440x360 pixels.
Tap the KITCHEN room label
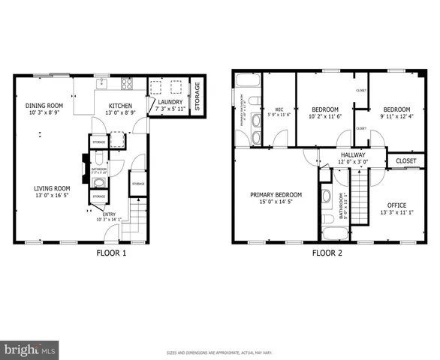click(121, 106)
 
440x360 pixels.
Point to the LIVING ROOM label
click(52, 188)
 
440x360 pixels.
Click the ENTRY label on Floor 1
click(107, 214)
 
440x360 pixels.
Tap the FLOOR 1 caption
click(111, 253)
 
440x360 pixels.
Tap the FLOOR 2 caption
click(327, 253)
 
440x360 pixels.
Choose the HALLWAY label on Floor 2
click(352, 155)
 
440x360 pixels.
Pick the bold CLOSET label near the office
click(405, 160)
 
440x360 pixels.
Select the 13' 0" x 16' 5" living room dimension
click(52, 196)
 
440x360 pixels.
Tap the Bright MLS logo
click(30, 349)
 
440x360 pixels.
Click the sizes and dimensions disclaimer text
click(220, 352)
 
